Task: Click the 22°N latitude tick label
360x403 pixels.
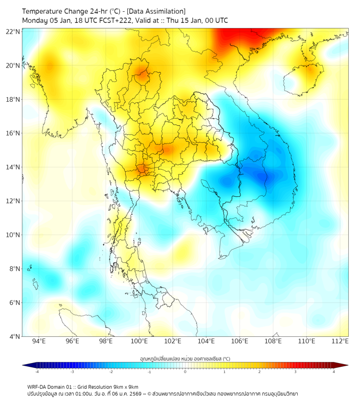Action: coord(13,31)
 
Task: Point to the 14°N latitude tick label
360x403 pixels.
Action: coord(13,167)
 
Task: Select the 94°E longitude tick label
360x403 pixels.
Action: coord(39,341)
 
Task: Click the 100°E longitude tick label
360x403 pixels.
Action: coord(140,341)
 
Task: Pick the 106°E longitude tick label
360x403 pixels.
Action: coord(240,341)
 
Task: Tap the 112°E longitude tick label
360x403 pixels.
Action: coord(340,341)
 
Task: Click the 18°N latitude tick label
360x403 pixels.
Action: coord(13,100)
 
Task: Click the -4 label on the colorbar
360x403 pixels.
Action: coord(36,372)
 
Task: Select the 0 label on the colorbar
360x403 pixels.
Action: coord(185,372)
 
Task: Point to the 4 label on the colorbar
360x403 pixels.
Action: coord(334,372)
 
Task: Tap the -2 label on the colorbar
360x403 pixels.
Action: coord(110,372)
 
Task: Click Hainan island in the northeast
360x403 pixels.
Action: coord(305,76)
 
